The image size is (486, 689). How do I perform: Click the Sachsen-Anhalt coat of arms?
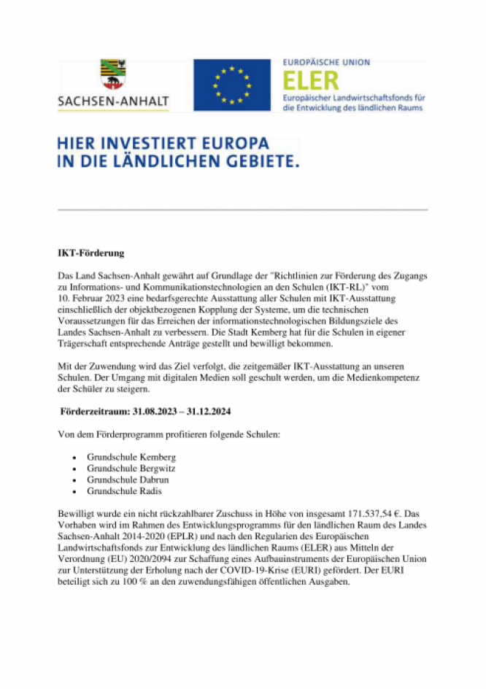tap(112, 75)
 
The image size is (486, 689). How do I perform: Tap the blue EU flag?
tap(231, 85)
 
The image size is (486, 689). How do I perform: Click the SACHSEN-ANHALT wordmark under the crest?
tap(113, 101)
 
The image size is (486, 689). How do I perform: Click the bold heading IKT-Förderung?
tap(91, 254)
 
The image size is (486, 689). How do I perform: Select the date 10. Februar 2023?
tap(90, 298)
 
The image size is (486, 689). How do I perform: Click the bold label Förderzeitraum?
tap(95, 412)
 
